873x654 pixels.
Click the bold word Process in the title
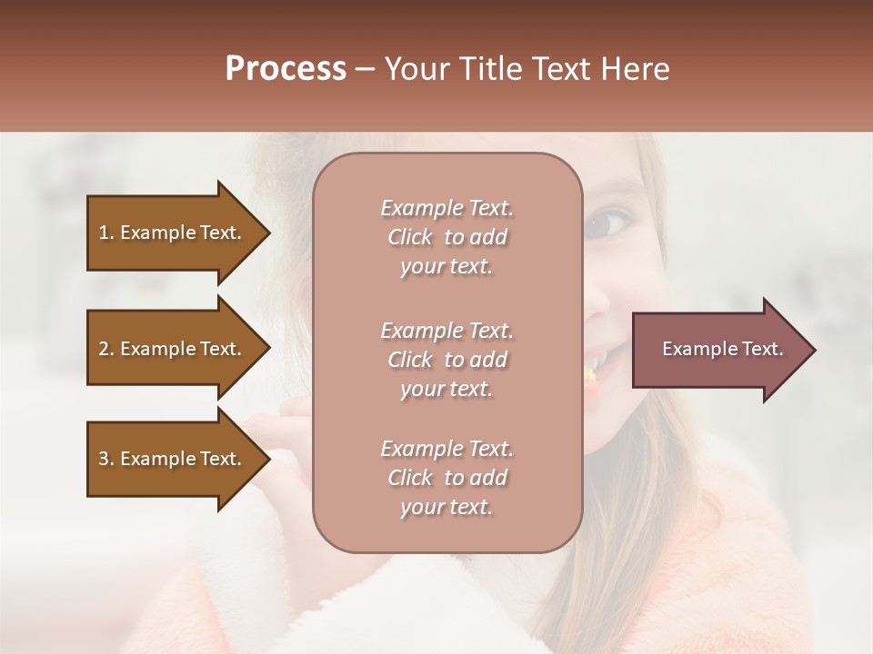tap(286, 69)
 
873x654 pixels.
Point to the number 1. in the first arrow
tap(106, 233)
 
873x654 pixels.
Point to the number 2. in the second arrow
tap(106, 349)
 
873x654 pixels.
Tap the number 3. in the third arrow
tap(106, 459)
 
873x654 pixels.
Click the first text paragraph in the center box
tap(447, 237)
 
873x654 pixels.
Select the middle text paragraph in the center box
tap(447, 360)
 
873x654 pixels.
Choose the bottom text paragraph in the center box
tap(447, 478)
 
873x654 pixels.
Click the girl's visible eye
tap(610, 221)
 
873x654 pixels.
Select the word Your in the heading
tap(415, 69)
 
